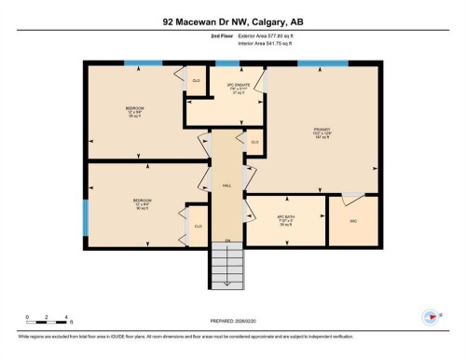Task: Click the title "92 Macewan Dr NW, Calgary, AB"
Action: pos(233,20)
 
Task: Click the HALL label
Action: pos(226,186)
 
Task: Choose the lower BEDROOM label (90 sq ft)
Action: pos(142,203)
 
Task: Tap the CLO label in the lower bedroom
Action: pos(198,227)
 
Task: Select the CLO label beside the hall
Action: pos(254,142)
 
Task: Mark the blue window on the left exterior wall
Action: pos(86,218)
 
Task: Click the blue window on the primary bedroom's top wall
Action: pos(322,63)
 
